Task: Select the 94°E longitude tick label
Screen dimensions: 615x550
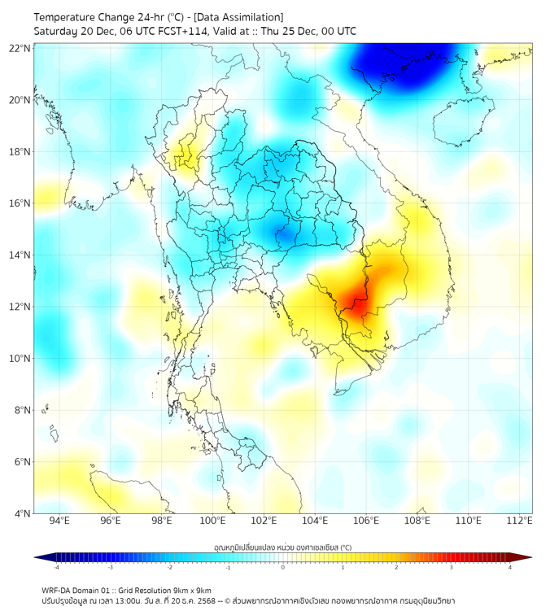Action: [59, 521]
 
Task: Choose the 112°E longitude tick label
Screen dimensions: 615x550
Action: [519, 521]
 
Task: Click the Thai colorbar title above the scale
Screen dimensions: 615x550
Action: [282, 547]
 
